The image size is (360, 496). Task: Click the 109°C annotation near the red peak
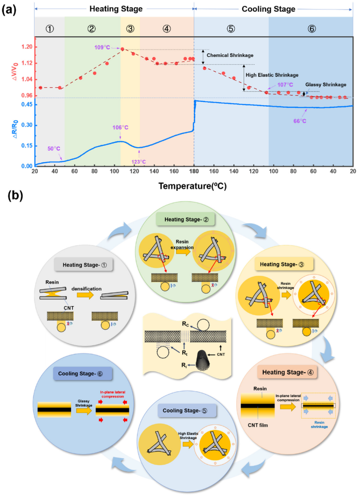click(102, 47)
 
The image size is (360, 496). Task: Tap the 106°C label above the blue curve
click(120, 128)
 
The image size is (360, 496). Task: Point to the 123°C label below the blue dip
click(138, 162)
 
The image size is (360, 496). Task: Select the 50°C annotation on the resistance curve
click(54, 149)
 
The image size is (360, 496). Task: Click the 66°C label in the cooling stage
click(300, 121)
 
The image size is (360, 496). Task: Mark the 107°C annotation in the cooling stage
click(285, 85)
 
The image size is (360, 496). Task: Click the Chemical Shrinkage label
click(230, 55)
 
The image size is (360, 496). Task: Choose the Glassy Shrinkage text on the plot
click(326, 85)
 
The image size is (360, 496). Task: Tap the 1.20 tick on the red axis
click(27, 47)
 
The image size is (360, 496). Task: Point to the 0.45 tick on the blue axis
click(27, 105)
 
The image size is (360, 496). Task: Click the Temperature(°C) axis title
click(192, 186)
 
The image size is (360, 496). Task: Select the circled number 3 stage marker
click(130, 29)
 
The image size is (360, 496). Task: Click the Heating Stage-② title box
click(186, 220)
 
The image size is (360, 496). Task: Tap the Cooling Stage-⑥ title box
click(80, 374)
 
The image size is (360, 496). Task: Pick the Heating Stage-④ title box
click(287, 372)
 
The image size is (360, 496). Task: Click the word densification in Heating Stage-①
click(86, 289)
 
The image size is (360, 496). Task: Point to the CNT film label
click(258, 425)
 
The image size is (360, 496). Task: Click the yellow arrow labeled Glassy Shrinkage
click(84, 411)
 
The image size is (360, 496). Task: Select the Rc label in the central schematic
click(185, 324)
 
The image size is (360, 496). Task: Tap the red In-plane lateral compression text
click(113, 394)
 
